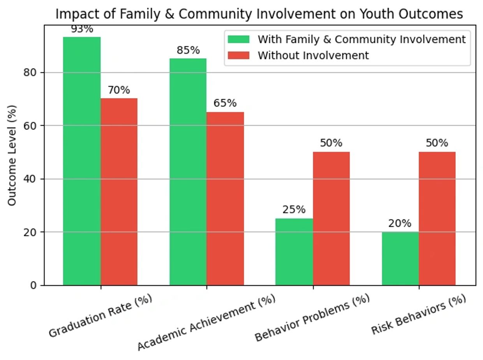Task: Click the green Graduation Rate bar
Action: pos(82,161)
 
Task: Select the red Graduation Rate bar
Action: pos(119,191)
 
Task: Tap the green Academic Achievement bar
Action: pos(188,172)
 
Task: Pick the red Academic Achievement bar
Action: pos(225,198)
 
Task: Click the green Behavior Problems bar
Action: pos(294,252)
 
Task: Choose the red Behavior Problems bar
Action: pos(331,218)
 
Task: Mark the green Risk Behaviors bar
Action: pos(400,258)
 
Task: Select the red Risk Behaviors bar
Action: pos(437,218)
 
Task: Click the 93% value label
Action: pos(82,29)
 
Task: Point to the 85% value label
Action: pos(188,50)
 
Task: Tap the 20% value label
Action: pos(400,223)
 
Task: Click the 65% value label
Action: pos(225,103)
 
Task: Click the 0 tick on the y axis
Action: pos(33,285)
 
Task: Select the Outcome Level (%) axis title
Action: pos(12,155)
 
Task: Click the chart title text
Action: pos(259,14)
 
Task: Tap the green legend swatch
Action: pos(238,39)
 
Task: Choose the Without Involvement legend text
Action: pos(313,55)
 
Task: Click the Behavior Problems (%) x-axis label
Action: pos(312,318)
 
